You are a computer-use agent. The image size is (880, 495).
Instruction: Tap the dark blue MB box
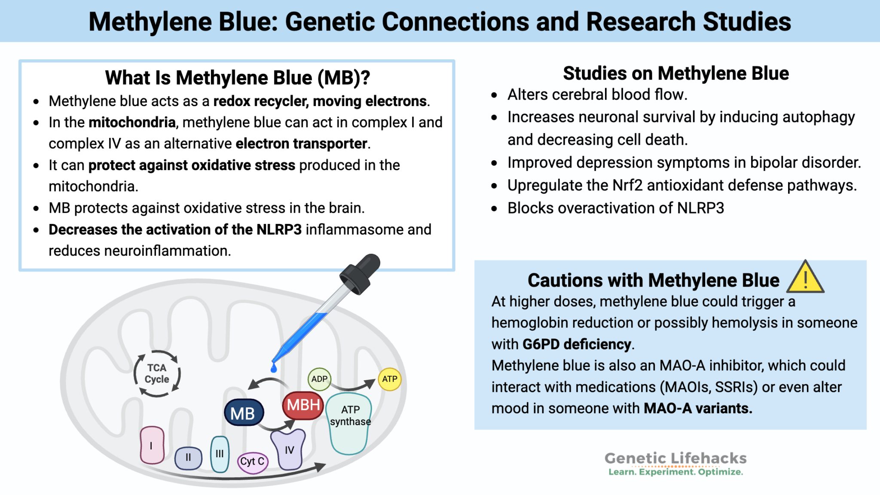[243, 413]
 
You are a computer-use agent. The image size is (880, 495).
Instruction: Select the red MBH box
[303, 405]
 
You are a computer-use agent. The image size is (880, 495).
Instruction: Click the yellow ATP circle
[390, 379]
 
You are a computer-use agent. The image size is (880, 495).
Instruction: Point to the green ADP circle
[319, 379]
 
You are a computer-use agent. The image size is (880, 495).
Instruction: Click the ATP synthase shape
[349, 425]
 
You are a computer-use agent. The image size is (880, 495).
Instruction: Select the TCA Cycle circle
[157, 373]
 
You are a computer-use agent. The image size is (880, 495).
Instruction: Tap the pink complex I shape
[152, 445]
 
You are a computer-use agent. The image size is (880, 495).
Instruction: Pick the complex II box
[188, 458]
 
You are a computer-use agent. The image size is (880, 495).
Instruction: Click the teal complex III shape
[220, 454]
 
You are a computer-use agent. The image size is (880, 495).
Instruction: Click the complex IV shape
[289, 450]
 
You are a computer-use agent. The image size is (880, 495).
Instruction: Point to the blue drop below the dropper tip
[274, 368]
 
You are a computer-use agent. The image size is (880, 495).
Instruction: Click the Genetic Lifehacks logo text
[675, 458]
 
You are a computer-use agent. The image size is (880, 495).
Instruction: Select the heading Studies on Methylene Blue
[676, 73]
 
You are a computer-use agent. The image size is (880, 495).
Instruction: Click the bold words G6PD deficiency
[577, 344]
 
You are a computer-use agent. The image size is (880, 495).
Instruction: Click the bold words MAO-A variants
[698, 408]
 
